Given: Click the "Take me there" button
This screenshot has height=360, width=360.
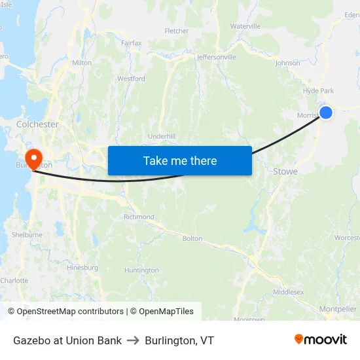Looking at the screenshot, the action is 180,160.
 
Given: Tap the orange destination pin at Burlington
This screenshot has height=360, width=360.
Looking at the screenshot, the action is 32,158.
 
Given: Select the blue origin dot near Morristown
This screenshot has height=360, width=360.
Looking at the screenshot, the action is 325,113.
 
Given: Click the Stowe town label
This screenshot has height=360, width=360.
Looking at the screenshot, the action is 285,171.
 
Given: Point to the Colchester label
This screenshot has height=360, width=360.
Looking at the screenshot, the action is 37,124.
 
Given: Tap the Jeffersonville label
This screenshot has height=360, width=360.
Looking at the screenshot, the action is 216,57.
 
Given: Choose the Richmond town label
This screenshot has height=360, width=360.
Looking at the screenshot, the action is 139,217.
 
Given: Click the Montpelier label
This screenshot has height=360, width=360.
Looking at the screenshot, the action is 338,309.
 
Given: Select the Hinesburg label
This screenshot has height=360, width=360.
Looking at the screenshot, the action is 82,267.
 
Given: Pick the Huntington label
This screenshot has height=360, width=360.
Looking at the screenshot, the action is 141,270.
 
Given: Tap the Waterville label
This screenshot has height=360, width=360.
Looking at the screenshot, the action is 245,26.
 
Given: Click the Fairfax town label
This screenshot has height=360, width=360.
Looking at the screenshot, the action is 131,43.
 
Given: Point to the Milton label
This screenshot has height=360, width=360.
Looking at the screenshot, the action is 82,63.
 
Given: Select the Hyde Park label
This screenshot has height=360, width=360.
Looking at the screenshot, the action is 319,91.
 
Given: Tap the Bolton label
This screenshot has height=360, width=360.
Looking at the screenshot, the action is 192,238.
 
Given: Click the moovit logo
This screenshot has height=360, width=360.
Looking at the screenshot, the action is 320,339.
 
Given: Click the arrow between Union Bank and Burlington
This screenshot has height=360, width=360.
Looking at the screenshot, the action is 134,340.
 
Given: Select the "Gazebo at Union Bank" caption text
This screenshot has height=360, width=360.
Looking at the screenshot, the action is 67,340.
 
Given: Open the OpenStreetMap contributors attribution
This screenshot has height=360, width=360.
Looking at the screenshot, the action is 65,312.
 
